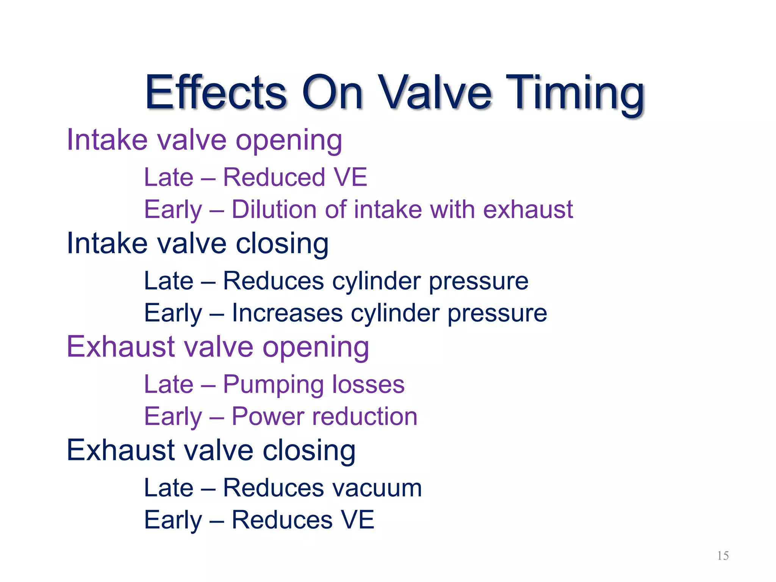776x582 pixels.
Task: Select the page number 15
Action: pyautogui.click(x=723, y=556)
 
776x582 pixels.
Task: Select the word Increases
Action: pyautogui.click(x=287, y=313)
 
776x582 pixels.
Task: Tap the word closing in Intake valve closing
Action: pyautogui.click(x=282, y=244)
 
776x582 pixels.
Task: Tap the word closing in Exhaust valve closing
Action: pyautogui.click(x=309, y=451)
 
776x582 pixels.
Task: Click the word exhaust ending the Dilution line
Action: pyautogui.click(x=528, y=210)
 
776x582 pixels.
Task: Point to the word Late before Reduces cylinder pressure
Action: pyautogui.click(x=169, y=281)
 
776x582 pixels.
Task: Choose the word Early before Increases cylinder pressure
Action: pyautogui.click(x=173, y=314)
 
